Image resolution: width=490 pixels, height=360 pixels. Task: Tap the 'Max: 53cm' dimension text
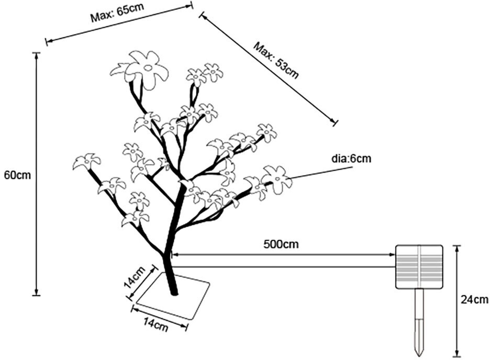point(276,59)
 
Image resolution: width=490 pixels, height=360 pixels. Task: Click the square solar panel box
point(419,267)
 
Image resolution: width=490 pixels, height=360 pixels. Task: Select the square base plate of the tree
point(173,296)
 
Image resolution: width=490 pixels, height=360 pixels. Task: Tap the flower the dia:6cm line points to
point(276,178)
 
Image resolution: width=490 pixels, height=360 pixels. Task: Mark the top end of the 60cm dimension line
point(36,53)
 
